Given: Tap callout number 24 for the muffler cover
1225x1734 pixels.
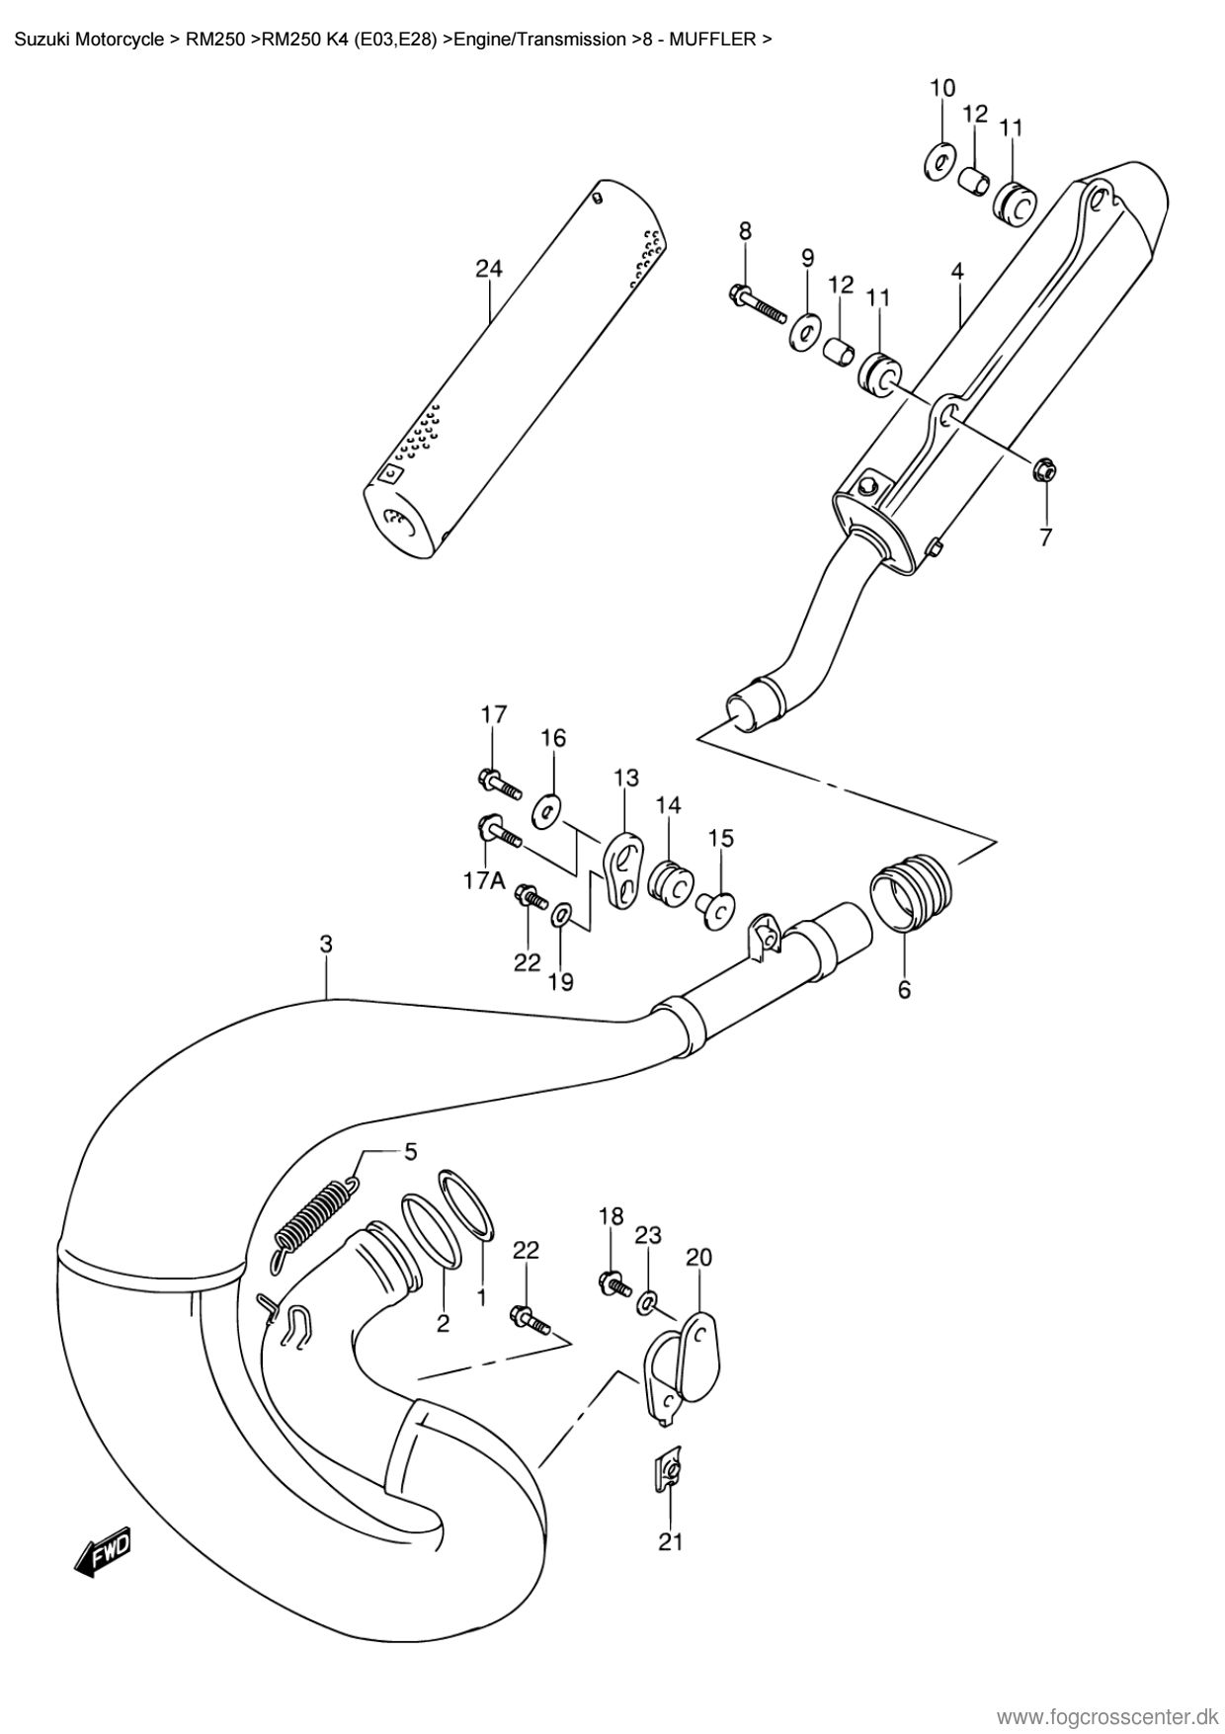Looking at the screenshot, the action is (x=489, y=269).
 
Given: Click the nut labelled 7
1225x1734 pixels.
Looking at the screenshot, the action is (x=1044, y=471).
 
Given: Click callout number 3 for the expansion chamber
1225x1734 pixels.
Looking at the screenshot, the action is (x=326, y=945).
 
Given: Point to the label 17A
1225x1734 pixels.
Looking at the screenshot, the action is (x=485, y=880).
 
